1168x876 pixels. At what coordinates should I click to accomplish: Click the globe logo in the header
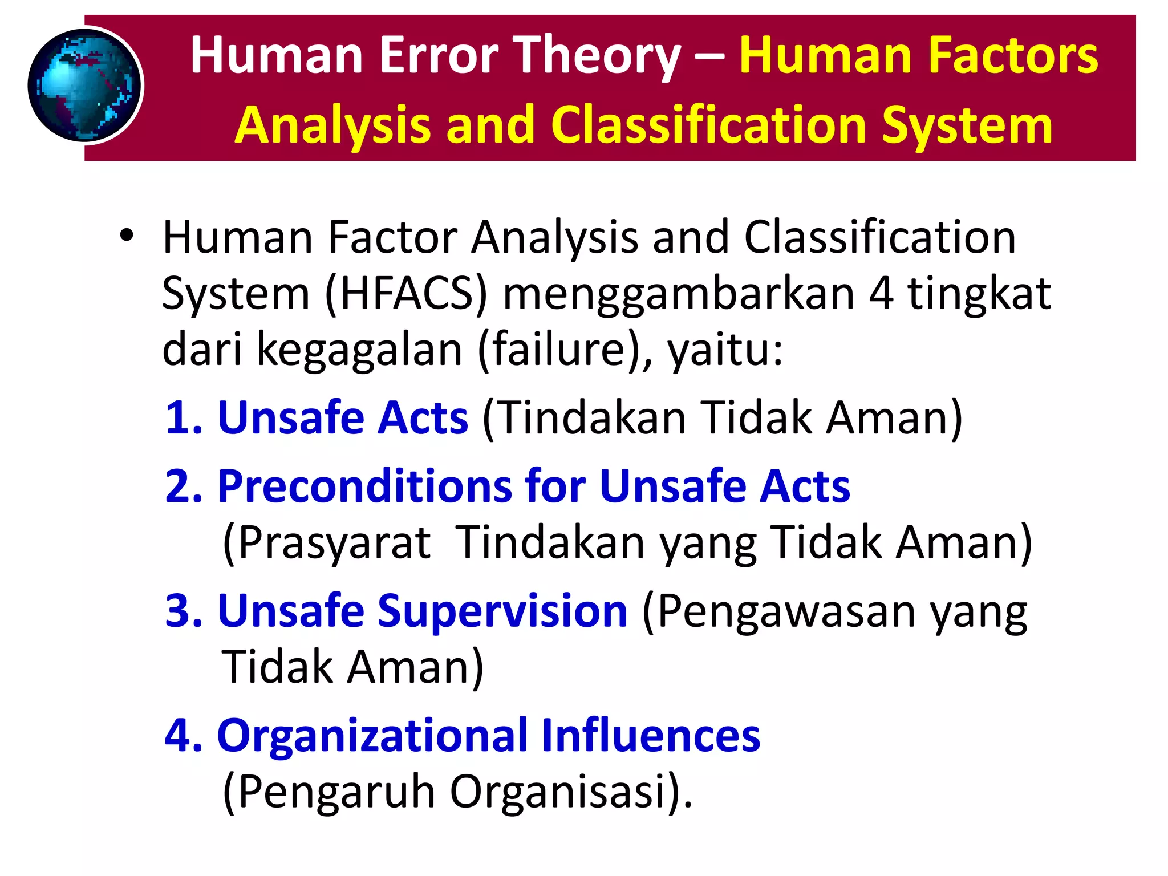point(85,86)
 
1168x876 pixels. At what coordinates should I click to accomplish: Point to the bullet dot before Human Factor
point(127,236)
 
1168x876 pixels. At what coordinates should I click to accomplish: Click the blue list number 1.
point(182,418)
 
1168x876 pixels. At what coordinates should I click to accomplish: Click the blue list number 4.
point(182,735)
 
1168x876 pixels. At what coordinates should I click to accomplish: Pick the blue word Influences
point(651,735)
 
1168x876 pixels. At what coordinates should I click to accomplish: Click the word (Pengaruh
point(328,793)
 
